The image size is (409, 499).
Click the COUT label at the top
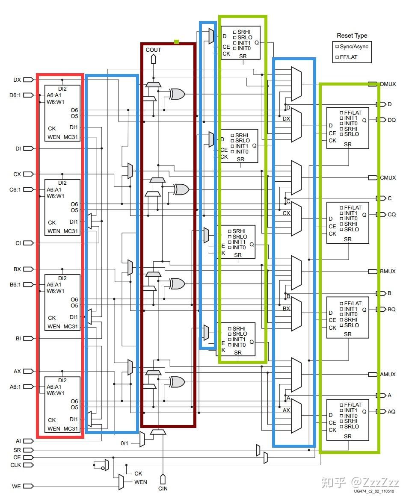(x=153, y=50)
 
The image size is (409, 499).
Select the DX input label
(x=17, y=80)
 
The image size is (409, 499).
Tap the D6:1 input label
(x=15, y=95)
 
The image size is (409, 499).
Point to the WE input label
(x=16, y=486)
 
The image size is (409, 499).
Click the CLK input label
(x=15, y=465)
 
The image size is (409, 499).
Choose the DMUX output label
(x=388, y=84)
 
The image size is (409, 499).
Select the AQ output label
(x=391, y=411)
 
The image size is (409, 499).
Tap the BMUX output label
(x=388, y=272)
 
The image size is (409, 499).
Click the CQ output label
(x=391, y=215)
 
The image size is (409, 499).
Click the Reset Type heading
(x=352, y=36)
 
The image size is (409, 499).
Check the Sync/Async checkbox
(x=337, y=47)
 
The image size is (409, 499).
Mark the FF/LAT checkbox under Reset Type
(x=337, y=57)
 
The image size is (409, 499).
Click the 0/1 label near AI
(x=124, y=443)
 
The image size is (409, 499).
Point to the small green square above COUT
(x=176, y=42)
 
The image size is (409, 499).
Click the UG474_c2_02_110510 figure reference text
(x=374, y=491)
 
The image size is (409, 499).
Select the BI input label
(x=18, y=339)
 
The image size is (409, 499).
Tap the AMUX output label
(x=388, y=375)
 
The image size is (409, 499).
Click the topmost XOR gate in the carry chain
(x=177, y=94)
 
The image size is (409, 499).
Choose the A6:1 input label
(x=15, y=387)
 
